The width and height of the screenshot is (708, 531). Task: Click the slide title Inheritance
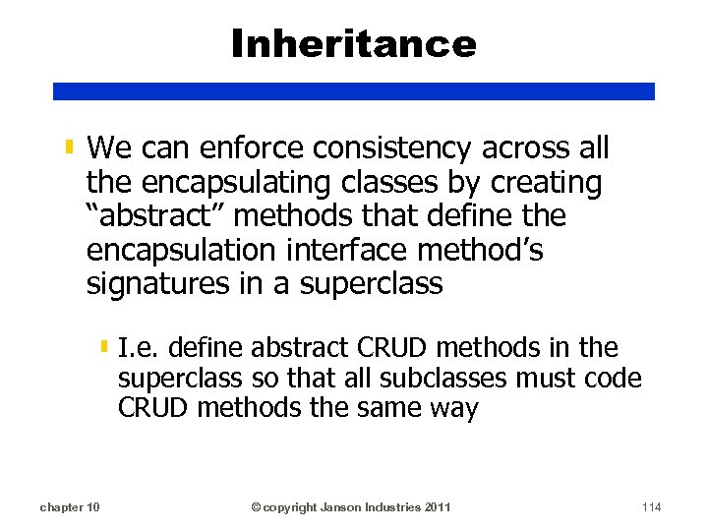[354, 43]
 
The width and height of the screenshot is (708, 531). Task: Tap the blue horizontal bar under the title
[354, 90]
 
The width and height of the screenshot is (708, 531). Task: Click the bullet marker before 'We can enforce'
[69, 149]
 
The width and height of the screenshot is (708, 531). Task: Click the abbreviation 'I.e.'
[139, 347]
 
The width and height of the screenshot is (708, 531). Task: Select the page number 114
[650, 507]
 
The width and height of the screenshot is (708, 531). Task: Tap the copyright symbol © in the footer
[256, 507]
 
